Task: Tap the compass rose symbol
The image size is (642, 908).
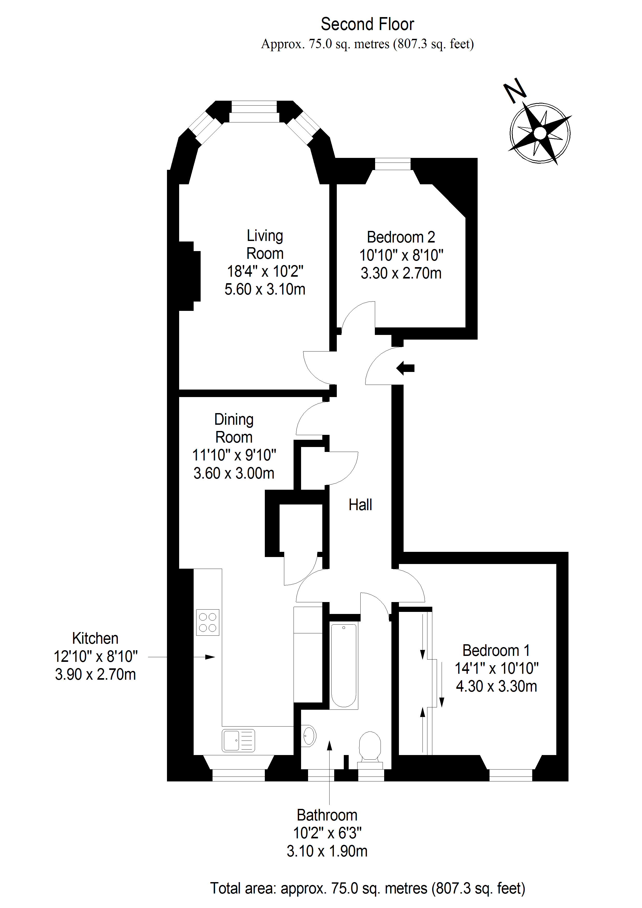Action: tap(540, 133)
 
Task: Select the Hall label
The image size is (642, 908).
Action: tap(360, 505)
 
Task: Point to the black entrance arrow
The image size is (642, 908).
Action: tap(405, 368)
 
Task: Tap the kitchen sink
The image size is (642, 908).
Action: tap(238, 740)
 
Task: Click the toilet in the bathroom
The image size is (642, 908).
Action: tap(370, 746)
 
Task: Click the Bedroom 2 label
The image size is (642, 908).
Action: tap(401, 237)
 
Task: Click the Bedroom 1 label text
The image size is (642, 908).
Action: tap(496, 650)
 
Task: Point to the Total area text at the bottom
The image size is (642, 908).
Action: tap(367, 888)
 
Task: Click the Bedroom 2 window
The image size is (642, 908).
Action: tap(392, 164)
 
